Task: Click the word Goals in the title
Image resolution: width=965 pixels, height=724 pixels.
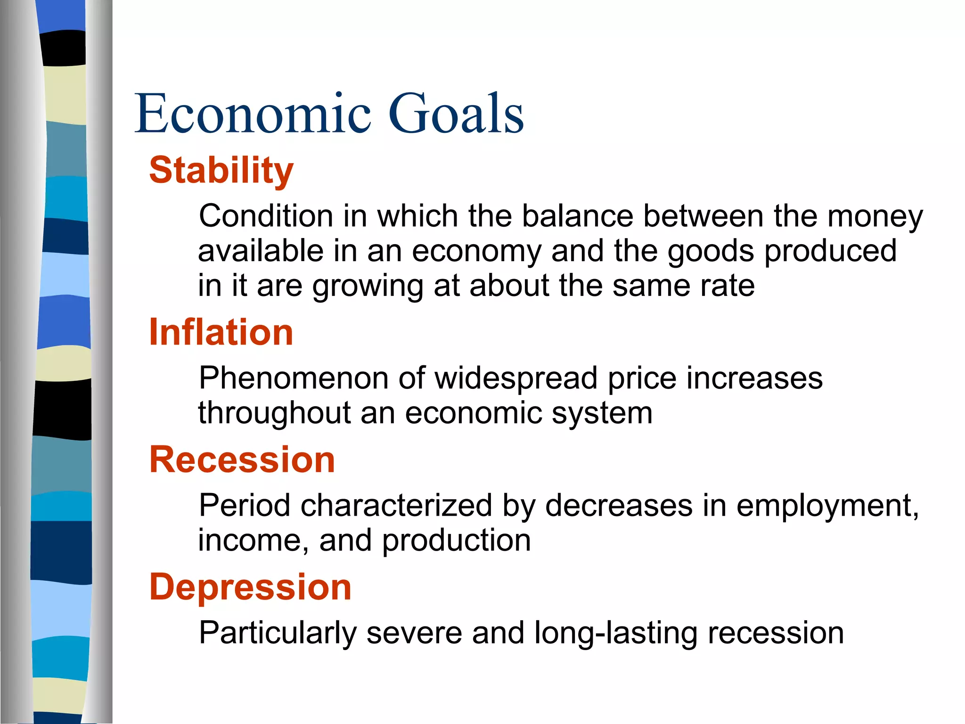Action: coord(456,114)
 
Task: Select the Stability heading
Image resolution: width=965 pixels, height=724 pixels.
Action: coord(221,171)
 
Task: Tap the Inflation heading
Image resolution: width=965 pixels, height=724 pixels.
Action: coord(221,333)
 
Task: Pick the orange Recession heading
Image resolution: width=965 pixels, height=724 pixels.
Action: coord(242,460)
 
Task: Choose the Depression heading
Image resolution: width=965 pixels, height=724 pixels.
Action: coord(250,587)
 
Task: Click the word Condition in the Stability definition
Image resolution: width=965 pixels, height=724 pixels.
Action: coord(266,216)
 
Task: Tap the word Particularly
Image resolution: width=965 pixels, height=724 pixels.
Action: coord(278,633)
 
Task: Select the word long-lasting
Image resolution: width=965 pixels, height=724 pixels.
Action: coord(616,633)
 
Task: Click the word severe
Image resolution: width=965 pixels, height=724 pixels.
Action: coord(414,633)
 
